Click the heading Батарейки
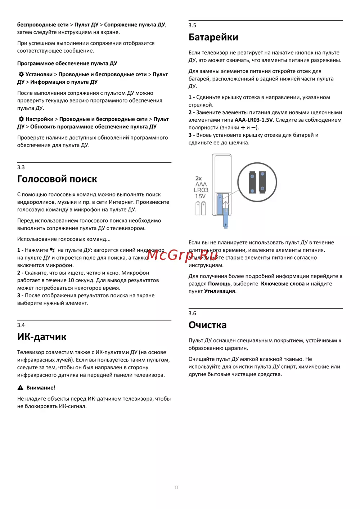tap(213, 37)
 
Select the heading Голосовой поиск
tap(57, 179)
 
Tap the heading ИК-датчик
tap(42, 337)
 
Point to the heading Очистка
tap(207, 325)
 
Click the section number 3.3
tap(21, 167)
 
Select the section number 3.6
tap(192, 314)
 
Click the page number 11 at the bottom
tap(177, 488)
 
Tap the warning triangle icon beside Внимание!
tap(21, 388)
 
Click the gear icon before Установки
tap(21, 74)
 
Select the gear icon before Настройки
tap(21, 119)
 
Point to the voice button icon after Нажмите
tap(53, 250)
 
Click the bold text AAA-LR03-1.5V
tap(253, 120)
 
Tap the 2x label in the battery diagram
tap(198, 179)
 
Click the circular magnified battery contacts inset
tap(257, 182)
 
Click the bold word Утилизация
tap(220, 291)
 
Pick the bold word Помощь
tap(219, 284)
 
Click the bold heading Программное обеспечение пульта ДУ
tap(67, 63)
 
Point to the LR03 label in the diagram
tap(201, 190)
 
